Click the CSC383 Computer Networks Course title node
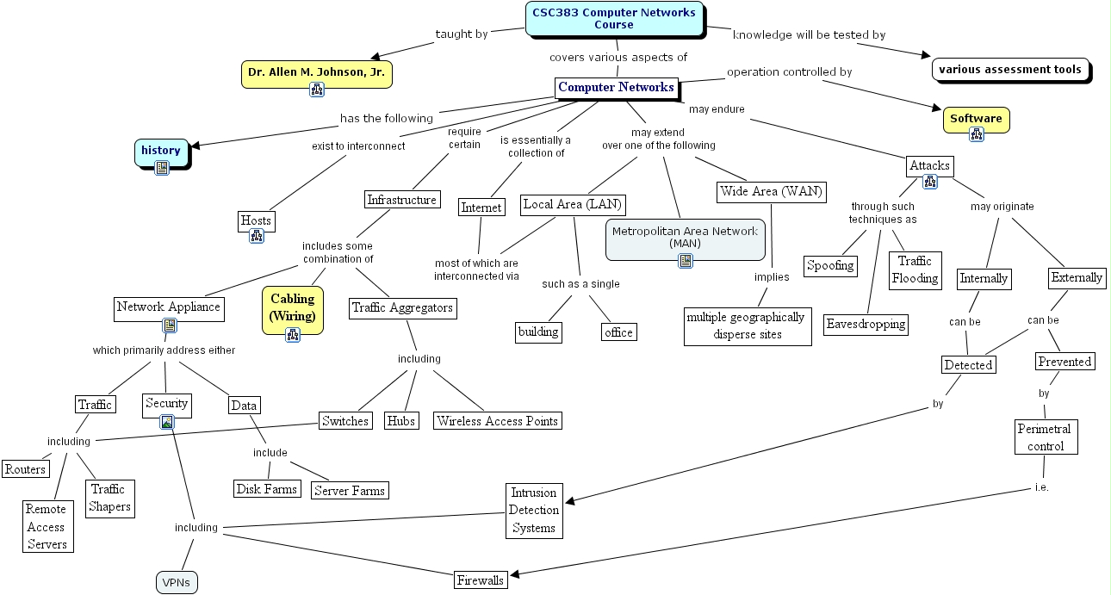click(613, 18)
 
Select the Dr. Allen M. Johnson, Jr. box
click(316, 73)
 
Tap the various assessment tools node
click(1009, 70)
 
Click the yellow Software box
click(976, 120)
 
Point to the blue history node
click(161, 151)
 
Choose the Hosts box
click(256, 220)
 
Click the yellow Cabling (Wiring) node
click(293, 307)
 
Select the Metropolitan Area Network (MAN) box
click(685, 237)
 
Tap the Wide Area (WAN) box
click(771, 191)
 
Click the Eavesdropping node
click(866, 324)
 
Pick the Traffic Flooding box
click(915, 270)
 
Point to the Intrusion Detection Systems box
click(534, 511)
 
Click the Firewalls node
click(480, 580)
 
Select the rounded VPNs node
click(177, 583)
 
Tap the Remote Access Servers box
click(46, 527)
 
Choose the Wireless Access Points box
click(497, 421)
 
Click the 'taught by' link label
click(462, 34)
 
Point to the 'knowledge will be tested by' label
click(809, 35)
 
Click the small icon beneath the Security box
click(166, 422)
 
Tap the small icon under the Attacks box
click(929, 182)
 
